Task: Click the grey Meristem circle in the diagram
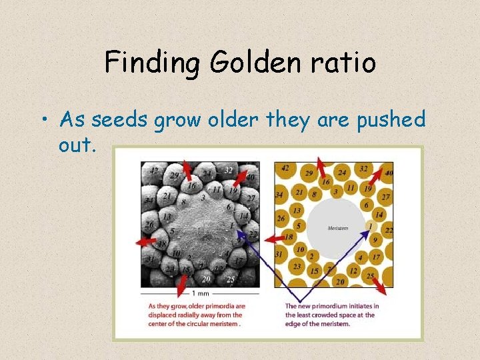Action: click(x=338, y=228)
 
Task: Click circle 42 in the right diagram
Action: click(x=285, y=167)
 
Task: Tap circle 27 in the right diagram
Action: click(x=385, y=197)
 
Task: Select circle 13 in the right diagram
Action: click(x=297, y=211)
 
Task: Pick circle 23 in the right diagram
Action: click(x=297, y=266)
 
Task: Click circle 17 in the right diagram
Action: click(x=376, y=257)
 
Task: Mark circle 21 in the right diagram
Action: click(x=299, y=193)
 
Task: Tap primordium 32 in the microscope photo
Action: click(x=229, y=170)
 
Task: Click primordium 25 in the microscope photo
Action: click(x=230, y=279)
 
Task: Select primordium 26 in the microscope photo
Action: click(x=149, y=225)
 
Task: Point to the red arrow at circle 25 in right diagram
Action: click(x=379, y=285)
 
